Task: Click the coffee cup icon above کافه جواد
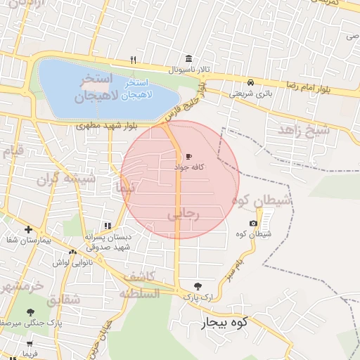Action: point(188,156)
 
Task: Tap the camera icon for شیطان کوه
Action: point(253,223)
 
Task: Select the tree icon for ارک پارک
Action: point(197,286)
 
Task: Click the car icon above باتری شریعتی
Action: point(251,81)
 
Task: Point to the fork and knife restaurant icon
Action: point(134,60)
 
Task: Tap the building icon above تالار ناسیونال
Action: point(188,59)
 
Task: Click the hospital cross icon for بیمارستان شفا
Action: point(27,229)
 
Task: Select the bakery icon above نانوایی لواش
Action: point(72,252)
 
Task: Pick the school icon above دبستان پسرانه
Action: point(108,226)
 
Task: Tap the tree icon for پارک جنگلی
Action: point(30,311)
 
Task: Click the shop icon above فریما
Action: point(29,345)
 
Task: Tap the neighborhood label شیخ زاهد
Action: point(303,129)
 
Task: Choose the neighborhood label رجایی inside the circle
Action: point(184,214)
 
